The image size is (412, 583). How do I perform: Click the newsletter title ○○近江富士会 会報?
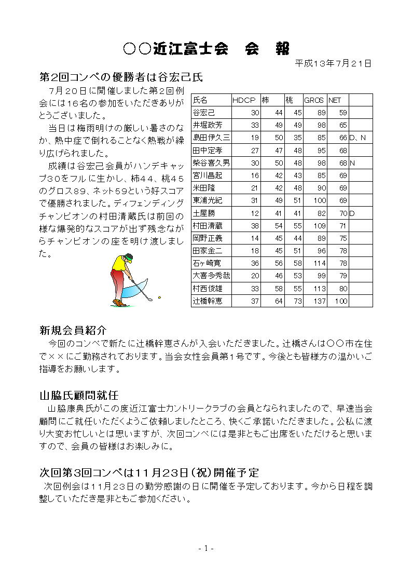point(206,48)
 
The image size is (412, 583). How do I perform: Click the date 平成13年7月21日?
point(333,63)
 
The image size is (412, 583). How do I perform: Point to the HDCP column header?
point(244,100)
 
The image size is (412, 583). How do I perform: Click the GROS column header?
point(313,100)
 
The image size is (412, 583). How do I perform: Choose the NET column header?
point(335,100)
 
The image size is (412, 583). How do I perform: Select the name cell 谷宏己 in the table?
point(204,113)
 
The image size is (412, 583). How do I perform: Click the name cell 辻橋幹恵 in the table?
point(208,301)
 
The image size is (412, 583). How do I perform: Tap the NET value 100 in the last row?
point(341,301)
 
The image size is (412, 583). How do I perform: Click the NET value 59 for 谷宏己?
point(343,113)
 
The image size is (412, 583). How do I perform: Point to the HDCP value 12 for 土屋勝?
point(254,213)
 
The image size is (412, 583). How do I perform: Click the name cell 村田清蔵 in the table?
point(208,226)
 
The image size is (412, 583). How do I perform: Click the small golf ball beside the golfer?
point(159,297)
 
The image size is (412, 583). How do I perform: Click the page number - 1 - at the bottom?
point(206,548)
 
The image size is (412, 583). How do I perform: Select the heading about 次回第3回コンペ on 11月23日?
point(149,472)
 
